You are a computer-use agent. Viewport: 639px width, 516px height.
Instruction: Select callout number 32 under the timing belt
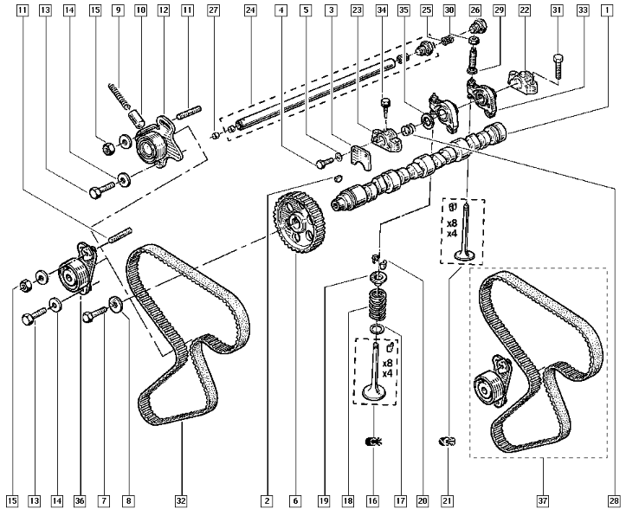[x=181, y=500]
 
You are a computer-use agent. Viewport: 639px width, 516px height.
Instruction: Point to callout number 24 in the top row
[x=249, y=10]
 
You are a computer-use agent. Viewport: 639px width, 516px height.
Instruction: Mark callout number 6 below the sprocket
[x=295, y=500]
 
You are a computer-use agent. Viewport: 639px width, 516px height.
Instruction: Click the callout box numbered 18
[x=346, y=500]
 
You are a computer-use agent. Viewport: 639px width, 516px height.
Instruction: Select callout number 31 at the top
[x=557, y=10]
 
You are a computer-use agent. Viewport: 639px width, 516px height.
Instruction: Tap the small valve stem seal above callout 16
[x=372, y=442]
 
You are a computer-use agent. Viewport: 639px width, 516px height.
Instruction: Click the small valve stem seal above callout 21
[x=448, y=442]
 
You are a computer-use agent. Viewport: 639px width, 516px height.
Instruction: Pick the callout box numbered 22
[x=524, y=10]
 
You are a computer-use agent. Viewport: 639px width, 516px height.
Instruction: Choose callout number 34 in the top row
[x=382, y=10]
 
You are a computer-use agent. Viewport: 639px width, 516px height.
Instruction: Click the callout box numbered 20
[x=423, y=500]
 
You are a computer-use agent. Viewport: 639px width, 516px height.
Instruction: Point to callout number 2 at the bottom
[x=268, y=500]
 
